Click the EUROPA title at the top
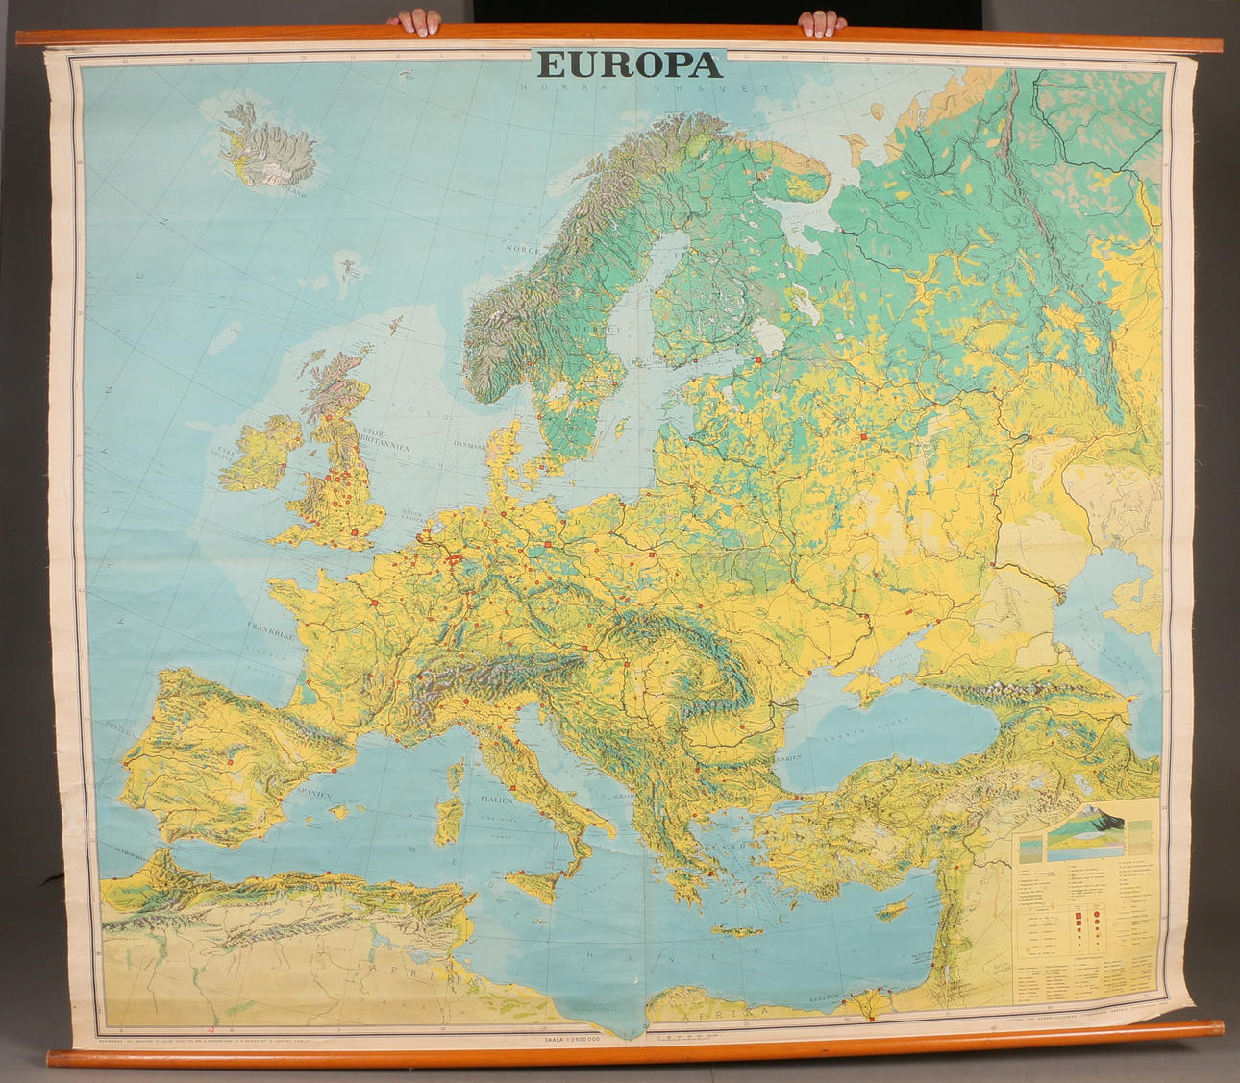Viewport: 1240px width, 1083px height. coord(630,64)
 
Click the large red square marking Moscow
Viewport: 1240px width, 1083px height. coord(863,437)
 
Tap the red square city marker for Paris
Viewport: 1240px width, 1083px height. coord(374,602)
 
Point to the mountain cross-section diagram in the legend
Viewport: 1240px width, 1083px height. coord(1086,827)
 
